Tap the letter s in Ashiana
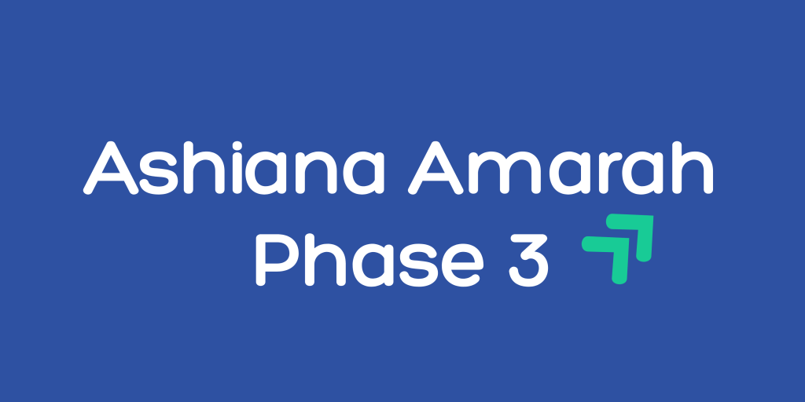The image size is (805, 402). click(166, 174)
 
